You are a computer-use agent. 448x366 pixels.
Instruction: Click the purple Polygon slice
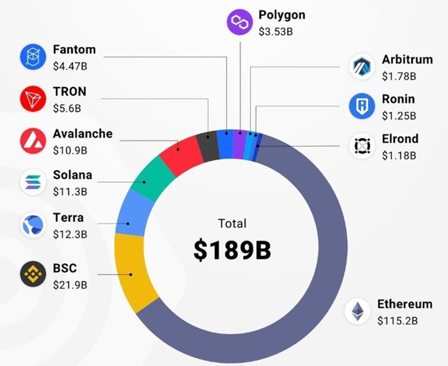(x=239, y=144)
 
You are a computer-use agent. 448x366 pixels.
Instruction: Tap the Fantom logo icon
(x=33, y=57)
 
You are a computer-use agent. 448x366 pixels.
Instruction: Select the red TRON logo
(x=33, y=99)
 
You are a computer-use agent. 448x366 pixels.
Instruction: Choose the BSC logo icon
(x=33, y=274)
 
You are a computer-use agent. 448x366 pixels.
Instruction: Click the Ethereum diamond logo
(x=357, y=312)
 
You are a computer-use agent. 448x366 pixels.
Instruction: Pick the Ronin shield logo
(x=362, y=106)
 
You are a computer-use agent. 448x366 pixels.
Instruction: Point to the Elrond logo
(x=362, y=146)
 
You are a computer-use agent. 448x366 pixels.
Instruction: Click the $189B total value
(x=232, y=250)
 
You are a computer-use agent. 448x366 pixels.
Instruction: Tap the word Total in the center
(x=232, y=223)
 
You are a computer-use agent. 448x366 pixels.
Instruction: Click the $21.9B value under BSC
(x=70, y=285)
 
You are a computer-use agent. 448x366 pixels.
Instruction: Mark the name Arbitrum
(x=407, y=59)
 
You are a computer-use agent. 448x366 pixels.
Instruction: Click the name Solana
(x=72, y=175)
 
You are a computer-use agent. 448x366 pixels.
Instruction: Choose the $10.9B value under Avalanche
(x=70, y=150)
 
